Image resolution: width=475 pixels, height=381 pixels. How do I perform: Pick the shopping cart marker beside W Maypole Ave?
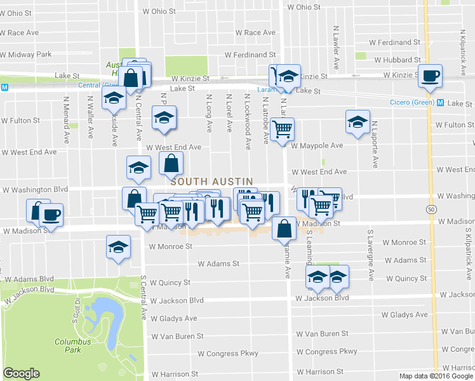click(282, 130)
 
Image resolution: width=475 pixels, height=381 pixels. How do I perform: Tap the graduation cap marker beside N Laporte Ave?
click(358, 122)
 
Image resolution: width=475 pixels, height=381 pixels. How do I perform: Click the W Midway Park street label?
click(26, 55)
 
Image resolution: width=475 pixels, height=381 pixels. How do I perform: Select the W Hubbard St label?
click(397, 60)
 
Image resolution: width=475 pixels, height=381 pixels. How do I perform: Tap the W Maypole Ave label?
click(317, 145)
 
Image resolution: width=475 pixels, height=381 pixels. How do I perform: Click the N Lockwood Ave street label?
click(247, 113)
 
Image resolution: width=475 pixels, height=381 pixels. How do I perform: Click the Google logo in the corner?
click(21, 373)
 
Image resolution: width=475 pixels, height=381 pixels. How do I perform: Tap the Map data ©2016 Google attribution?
click(436, 376)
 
